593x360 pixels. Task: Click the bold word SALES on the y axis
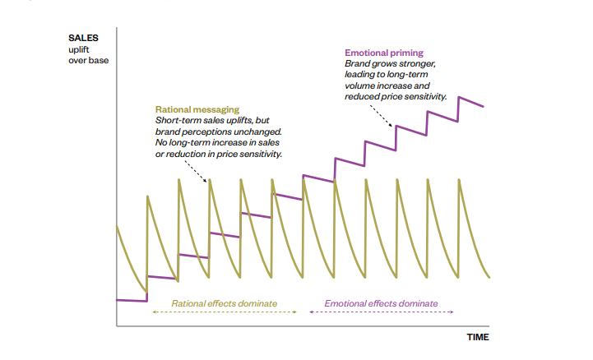82,38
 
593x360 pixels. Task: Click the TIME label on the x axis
478,337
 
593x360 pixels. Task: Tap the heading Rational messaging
197,108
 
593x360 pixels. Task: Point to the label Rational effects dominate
224,303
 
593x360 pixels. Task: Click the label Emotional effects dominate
381,303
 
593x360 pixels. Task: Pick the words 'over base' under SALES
88,60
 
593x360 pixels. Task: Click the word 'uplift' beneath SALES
80,49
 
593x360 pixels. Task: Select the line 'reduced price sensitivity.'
396,96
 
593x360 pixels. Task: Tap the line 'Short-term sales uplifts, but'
211,120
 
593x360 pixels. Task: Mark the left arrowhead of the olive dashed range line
154,314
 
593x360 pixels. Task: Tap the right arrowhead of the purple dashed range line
457,314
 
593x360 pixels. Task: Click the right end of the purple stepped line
484,106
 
